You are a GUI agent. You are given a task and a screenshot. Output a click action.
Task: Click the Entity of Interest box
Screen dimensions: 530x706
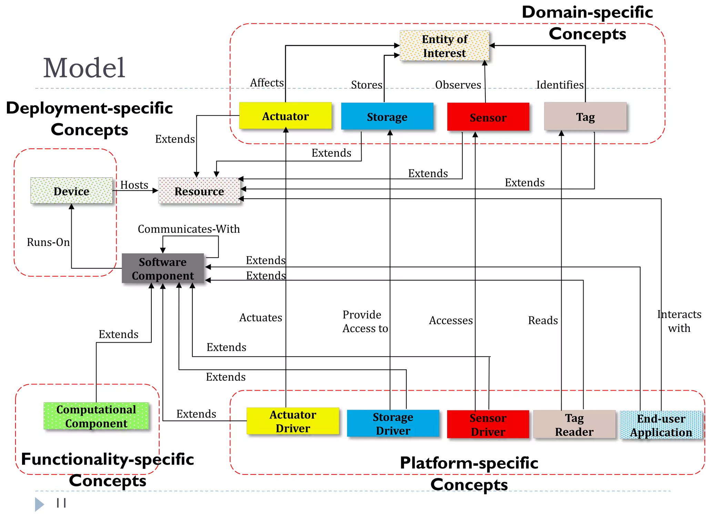tap(444, 46)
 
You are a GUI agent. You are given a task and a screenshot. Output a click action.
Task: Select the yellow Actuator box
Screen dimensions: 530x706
tap(285, 116)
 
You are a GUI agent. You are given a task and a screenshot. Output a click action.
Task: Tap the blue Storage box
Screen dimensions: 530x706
tap(387, 117)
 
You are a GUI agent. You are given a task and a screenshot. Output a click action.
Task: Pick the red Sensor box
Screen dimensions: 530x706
tap(488, 117)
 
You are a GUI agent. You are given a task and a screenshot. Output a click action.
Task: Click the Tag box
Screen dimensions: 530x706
tap(585, 117)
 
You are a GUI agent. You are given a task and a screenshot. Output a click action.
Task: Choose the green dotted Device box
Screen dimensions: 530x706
tap(71, 191)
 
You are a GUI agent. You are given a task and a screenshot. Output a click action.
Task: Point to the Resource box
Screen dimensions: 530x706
tap(199, 191)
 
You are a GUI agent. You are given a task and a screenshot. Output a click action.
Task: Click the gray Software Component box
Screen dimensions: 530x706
tap(163, 268)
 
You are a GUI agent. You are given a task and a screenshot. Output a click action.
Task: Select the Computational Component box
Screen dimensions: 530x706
tap(96, 416)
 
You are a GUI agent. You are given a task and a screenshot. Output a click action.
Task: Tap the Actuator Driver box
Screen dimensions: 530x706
tap(293, 421)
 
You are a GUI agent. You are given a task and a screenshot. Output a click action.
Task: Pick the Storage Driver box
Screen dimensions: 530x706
tap(393, 423)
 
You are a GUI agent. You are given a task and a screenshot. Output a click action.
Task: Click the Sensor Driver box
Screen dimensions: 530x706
tap(488, 424)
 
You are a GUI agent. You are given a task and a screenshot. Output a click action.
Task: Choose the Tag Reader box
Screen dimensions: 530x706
tap(574, 424)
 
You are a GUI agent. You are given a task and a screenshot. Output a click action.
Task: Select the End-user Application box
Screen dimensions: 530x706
tap(660, 425)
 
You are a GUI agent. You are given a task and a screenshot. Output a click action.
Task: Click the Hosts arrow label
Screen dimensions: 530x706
tap(134, 185)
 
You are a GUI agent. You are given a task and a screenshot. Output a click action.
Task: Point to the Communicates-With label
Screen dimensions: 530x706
tap(189, 229)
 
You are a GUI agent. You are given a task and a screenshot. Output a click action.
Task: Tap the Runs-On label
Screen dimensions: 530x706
tap(48, 242)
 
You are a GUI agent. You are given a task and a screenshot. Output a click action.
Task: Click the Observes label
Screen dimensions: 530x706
tap(458, 85)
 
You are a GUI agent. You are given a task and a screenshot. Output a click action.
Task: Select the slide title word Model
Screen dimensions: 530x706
tap(84, 68)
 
